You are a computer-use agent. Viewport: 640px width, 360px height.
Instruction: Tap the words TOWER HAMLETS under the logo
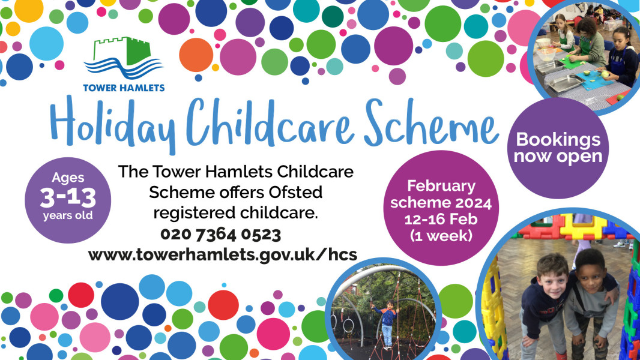(x=124, y=88)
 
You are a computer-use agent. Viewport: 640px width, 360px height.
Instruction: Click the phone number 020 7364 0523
(x=220, y=235)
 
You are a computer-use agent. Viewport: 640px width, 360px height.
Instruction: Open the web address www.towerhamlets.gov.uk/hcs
(x=223, y=255)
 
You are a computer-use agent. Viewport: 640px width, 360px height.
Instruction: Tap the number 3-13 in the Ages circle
(x=68, y=198)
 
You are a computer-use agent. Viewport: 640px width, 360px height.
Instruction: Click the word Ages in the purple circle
(x=68, y=178)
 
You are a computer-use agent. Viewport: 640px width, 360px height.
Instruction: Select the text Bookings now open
(x=558, y=148)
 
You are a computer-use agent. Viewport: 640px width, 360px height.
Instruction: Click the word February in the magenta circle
(x=441, y=187)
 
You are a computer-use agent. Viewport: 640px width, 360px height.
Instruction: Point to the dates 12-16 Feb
(x=441, y=220)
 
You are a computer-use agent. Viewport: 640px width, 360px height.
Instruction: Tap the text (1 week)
(x=441, y=236)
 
